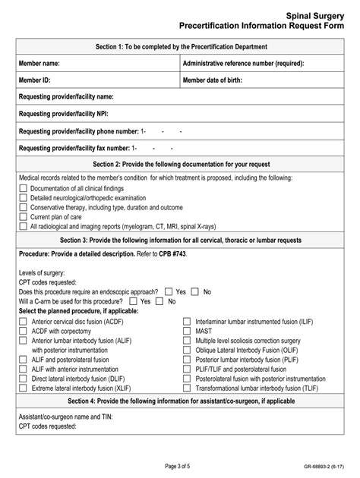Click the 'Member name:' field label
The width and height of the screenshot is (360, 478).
pos(39,64)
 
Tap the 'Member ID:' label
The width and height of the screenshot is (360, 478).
pos(35,80)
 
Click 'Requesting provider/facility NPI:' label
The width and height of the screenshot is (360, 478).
pos(64,114)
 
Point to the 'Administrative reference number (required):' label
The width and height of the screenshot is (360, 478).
pos(244,64)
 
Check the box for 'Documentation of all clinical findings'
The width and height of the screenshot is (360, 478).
pos(22,189)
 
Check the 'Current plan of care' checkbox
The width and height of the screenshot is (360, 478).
pos(22,216)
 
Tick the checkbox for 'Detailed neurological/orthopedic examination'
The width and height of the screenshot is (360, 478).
pos(22,198)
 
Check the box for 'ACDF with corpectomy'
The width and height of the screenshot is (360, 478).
pos(22,331)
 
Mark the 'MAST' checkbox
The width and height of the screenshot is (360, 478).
pos(186,331)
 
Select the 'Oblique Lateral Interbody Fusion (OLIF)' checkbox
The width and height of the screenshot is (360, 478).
pos(186,350)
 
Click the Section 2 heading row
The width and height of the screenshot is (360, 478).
pos(180,163)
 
